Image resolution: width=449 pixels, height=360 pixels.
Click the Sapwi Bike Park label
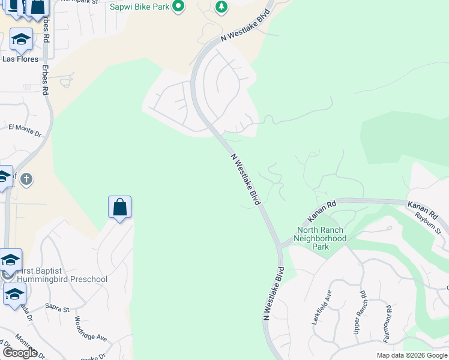[139, 7]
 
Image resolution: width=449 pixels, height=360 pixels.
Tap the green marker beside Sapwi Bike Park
[178, 7]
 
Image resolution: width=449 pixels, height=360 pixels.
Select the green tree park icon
[222, 7]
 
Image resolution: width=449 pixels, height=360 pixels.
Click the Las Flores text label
[20, 59]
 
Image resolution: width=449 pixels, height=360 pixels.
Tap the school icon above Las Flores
[21, 40]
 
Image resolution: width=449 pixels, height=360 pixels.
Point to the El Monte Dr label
[25, 130]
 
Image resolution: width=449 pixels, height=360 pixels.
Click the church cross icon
[26, 179]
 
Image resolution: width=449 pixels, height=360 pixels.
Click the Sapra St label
[58, 308]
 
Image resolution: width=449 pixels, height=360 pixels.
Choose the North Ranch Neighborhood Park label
[322, 238]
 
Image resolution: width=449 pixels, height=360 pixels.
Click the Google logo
[20, 353]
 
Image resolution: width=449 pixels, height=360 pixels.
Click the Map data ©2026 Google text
[412, 355]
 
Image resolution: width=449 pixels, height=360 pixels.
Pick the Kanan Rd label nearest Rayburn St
[424, 209]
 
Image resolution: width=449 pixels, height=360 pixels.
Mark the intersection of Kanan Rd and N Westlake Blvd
[279, 246]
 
